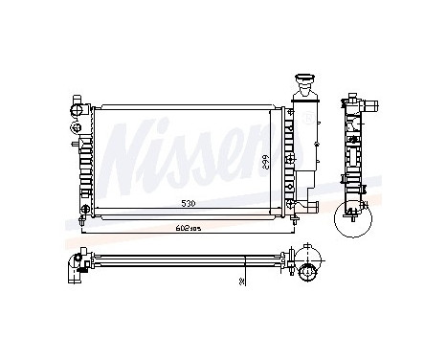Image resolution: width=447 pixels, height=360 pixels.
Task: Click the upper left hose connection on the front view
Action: coord(77,109)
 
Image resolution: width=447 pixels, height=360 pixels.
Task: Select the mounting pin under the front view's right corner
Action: coord(283,218)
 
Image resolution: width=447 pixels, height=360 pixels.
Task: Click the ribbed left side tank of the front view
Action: coord(87,153)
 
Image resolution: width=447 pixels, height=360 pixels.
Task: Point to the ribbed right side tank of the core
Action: coord(283,153)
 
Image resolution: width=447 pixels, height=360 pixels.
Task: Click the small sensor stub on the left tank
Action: coord(76,144)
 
